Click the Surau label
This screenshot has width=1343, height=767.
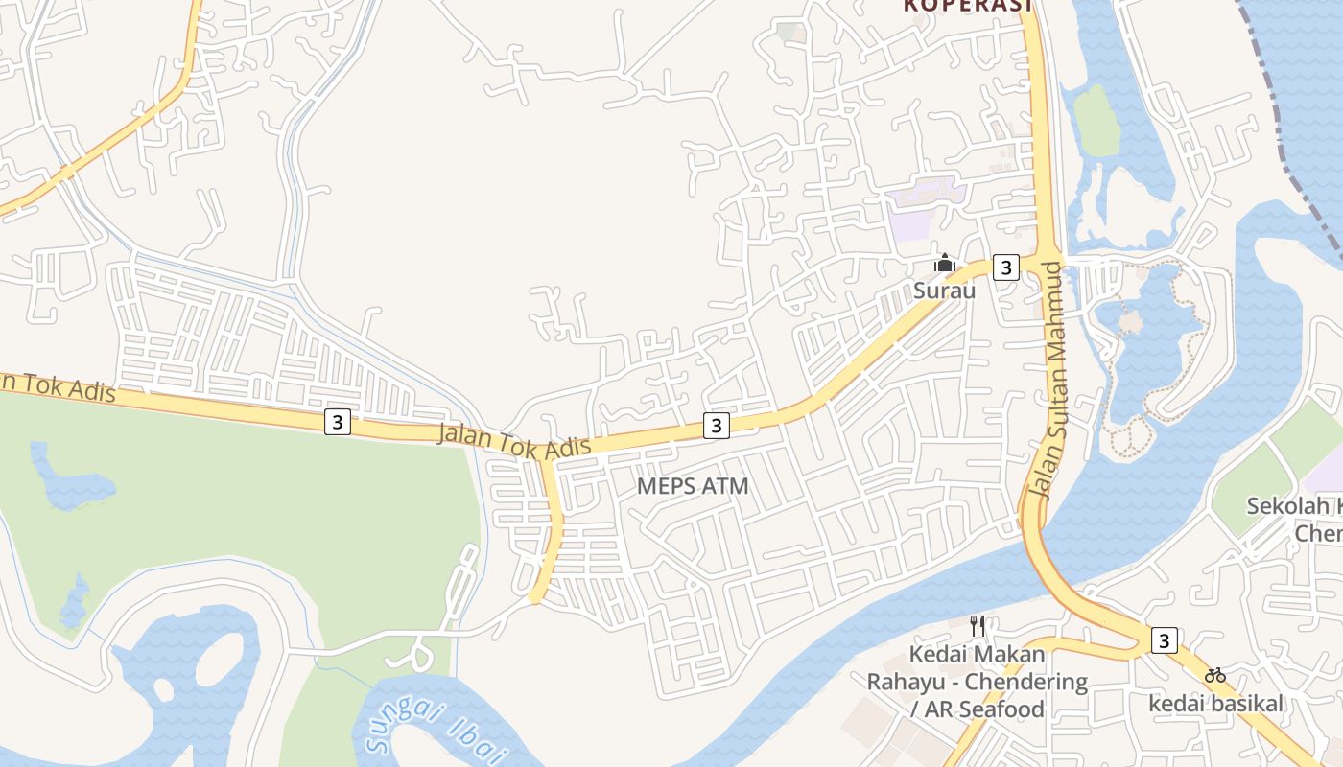point(945,290)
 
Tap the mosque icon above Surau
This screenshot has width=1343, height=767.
point(945,263)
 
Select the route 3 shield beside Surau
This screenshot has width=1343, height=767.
point(1004,267)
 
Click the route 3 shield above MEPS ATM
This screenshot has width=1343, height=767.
point(716,425)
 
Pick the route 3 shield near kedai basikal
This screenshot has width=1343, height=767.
point(1164,640)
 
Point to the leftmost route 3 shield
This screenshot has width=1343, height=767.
point(337,421)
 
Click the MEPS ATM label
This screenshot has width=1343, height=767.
point(693,486)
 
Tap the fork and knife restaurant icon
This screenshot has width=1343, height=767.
point(978,626)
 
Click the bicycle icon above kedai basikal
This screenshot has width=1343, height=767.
point(1215,675)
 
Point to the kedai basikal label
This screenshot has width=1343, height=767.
point(1215,704)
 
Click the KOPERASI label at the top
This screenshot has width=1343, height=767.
point(967,6)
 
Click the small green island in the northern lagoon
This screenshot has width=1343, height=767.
point(1096,120)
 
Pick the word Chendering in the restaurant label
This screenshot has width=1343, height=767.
point(1025,683)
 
